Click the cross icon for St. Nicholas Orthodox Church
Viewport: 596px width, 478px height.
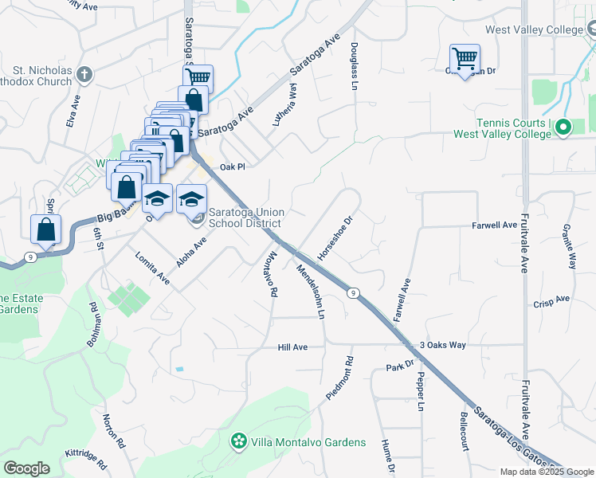coord(84,76)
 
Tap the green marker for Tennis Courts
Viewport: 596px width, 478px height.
coord(563,127)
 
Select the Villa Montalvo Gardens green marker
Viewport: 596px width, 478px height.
coord(237,441)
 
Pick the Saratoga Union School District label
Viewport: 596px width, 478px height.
coord(246,217)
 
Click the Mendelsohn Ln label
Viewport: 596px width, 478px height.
coord(310,292)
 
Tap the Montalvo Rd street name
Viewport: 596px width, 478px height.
coord(269,274)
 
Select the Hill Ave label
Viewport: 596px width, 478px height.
coord(292,347)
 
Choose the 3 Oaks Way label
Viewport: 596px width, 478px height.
coord(441,345)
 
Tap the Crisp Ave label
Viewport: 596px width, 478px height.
coord(552,300)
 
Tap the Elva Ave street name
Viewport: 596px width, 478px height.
coord(74,112)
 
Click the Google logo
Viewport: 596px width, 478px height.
coord(26,468)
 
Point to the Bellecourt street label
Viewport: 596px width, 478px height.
coord(463,431)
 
